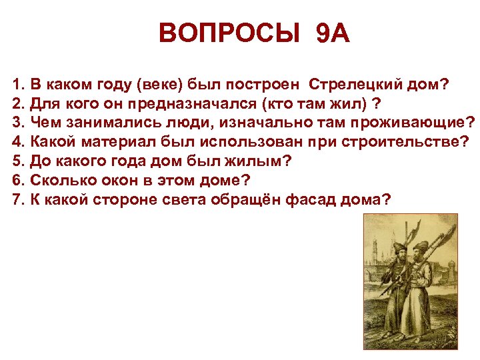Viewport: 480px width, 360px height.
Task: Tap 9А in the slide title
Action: (331, 33)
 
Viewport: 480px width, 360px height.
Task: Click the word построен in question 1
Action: (267, 85)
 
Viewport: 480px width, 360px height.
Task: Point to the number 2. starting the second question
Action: (18, 104)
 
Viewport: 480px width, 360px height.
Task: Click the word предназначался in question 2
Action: (201, 104)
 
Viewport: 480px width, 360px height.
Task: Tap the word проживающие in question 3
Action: (413, 123)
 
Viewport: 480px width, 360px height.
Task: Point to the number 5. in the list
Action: (18, 161)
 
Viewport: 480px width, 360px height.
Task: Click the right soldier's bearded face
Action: (421, 257)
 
